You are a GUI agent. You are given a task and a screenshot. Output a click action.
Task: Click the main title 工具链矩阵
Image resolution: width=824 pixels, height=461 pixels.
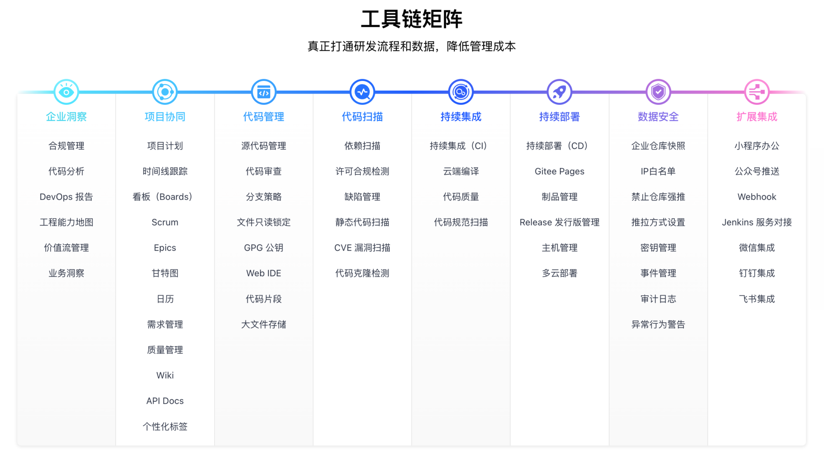pos(412,19)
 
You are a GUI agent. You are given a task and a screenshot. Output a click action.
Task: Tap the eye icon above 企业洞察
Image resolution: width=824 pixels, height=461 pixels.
pos(66,92)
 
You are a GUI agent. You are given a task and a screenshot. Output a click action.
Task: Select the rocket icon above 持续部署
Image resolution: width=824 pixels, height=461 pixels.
pos(559,92)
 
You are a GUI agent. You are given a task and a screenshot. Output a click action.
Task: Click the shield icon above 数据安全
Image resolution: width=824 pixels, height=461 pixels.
pos(658,92)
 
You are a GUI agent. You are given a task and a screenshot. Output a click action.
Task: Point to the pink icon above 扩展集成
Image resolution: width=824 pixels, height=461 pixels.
pos(757,92)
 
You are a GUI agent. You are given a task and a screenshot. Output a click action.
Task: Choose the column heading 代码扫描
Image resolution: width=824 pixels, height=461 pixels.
pos(363,117)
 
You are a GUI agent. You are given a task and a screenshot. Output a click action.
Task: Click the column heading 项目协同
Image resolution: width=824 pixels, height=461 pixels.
pos(165,117)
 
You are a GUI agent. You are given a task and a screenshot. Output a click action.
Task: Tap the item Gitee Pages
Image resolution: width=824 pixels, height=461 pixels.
pos(559,171)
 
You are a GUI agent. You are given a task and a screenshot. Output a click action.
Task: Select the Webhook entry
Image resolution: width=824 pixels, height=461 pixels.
pos(757,197)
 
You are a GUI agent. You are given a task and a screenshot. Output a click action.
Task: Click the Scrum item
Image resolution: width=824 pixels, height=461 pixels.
pos(165,222)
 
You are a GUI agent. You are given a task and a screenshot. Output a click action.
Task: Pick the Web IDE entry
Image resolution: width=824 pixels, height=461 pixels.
pos(264,273)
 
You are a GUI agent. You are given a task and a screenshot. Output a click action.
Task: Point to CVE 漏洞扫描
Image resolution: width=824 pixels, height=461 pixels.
pos(363,247)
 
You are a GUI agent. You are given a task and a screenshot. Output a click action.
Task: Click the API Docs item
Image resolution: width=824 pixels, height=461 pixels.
pos(165,401)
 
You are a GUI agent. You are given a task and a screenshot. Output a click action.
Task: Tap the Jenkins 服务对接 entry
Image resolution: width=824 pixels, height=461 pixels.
pos(757,222)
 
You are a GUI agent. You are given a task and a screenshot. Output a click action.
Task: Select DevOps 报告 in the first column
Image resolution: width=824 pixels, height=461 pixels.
pos(66,197)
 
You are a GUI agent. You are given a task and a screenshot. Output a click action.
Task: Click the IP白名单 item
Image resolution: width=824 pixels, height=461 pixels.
pos(658,171)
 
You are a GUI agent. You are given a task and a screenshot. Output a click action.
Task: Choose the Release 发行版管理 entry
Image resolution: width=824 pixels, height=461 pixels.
pos(559,222)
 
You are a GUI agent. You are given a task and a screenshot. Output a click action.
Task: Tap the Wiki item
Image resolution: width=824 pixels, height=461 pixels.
pos(165,375)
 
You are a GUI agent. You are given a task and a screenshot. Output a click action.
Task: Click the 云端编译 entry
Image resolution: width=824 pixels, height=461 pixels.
pos(461,171)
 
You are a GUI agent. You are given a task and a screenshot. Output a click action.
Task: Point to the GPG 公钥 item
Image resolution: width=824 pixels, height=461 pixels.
pos(264,247)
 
